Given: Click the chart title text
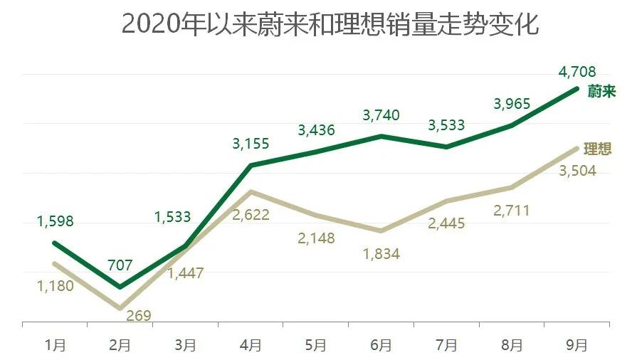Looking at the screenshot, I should coord(330,23).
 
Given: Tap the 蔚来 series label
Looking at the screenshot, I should coord(601,92).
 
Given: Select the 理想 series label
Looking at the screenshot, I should coord(597,149).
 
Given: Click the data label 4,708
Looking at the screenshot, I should coord(577,71).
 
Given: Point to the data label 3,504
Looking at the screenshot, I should coord(577,171).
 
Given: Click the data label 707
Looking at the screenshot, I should coord(120,265).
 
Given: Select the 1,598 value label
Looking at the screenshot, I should coord(55,221).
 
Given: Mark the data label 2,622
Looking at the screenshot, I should coord(251,214).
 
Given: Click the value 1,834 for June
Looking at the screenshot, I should coord(381,253).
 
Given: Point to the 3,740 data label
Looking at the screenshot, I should coord(381,115).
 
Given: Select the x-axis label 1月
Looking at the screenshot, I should coord(55,346).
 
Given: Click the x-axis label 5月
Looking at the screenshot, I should coord(316,346).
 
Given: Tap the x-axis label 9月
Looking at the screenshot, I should coord(577,346).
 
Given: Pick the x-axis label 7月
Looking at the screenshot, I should coord(447,346).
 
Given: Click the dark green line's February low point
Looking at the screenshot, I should coord(120,287).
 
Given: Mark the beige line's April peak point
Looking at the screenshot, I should coord(251,191).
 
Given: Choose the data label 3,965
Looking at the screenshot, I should coord(512,104).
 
